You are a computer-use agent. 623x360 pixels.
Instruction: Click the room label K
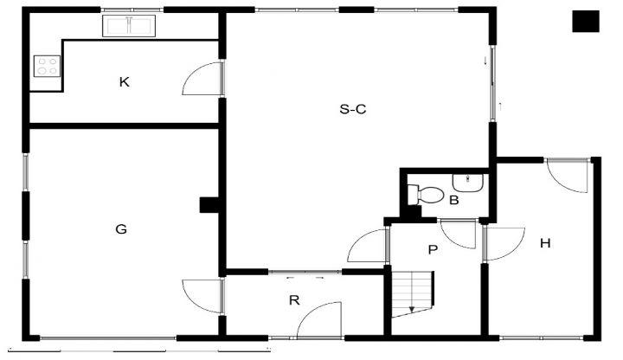[x=124, y=82]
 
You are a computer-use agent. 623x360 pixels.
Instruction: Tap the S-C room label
[x=353, y=109]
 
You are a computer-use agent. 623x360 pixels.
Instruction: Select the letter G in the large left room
[x=121, y=229]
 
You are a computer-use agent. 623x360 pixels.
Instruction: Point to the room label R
[x=294, y=300]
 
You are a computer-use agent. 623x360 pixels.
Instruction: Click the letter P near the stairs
[x=433, y=250]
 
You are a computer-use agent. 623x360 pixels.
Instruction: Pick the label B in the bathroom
[x=453, y=200]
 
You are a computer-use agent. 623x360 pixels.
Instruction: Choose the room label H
[x=545, y=243]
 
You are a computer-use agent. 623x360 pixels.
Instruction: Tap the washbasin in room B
[x=468, y=183]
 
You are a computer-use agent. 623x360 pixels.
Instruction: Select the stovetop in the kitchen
[x=48, y=66]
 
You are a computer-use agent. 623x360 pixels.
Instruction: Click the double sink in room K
[x=129, y=26]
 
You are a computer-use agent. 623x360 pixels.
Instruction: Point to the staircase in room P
[x=413, y=294]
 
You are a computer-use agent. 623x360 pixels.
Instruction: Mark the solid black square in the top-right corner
[x=586, y=22]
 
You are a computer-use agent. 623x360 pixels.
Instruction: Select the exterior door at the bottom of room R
[x=319, y=320]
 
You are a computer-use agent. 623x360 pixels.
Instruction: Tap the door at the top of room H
[x=568, y=176]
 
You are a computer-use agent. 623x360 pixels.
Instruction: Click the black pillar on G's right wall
[x=209, y=205]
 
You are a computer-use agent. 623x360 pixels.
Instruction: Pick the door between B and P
[x=459, y=234]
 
